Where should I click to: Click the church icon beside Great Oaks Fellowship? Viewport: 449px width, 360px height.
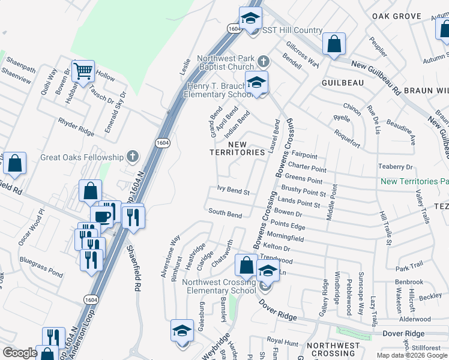(x=133, y=157)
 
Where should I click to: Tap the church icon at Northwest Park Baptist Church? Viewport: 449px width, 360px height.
(x=262, y=61)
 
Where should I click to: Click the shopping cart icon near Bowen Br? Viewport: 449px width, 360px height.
(x=83, y=71)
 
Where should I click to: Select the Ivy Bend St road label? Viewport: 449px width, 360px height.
(x=234, y=191)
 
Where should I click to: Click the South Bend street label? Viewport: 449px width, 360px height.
(x=225, y=213)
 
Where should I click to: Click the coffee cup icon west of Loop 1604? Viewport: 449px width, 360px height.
(x=101, y=217)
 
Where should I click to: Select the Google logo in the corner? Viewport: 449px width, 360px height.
(x=20, y=353)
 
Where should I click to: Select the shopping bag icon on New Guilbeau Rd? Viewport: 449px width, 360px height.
(x=334, y=44)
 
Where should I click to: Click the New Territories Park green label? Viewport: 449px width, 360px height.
(x=414, y=181)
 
